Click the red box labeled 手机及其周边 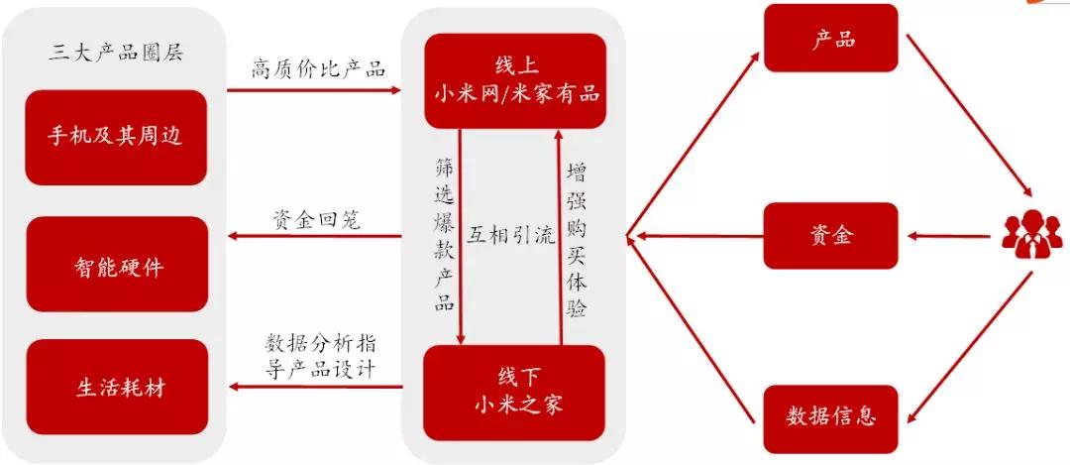pyautogui.click(x=116, y=137)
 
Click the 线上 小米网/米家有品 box pyautogui.click(x=515, y=80)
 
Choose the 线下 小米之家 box pyautogui.click(x=514, y=393)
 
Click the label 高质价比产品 pyautogui.click(x=318, y=69)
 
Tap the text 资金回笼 pyautogui.click(x=317, y=219)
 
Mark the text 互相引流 pyautogui.click(x=510, y=235)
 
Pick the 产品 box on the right pyautogui.click(x=831, y=39)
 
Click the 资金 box pyautogui.click(x=831, y=236)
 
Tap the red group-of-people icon pyautogui.click(x=1031, y=236)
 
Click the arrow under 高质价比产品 pyautogui.click(x=315, y=90)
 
